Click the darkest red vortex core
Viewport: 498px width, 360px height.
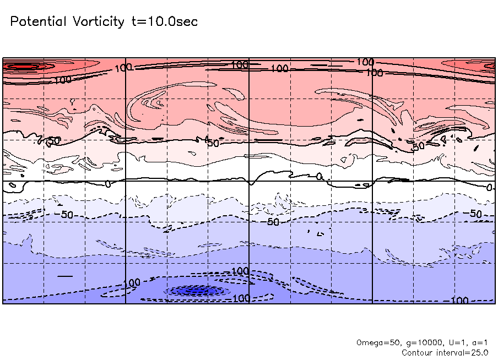click(x=22, y=67)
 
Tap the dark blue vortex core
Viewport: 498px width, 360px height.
click(x=196, y=290)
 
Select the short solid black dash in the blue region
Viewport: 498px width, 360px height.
click(x=65, y=275)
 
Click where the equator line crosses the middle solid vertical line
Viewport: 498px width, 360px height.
click(x=250, y=181)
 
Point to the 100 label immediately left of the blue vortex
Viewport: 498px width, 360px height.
click(x=132, y=283)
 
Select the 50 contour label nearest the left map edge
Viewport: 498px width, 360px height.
click(x=52, y=141)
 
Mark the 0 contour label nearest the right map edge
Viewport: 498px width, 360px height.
click(x=489, y=188)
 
